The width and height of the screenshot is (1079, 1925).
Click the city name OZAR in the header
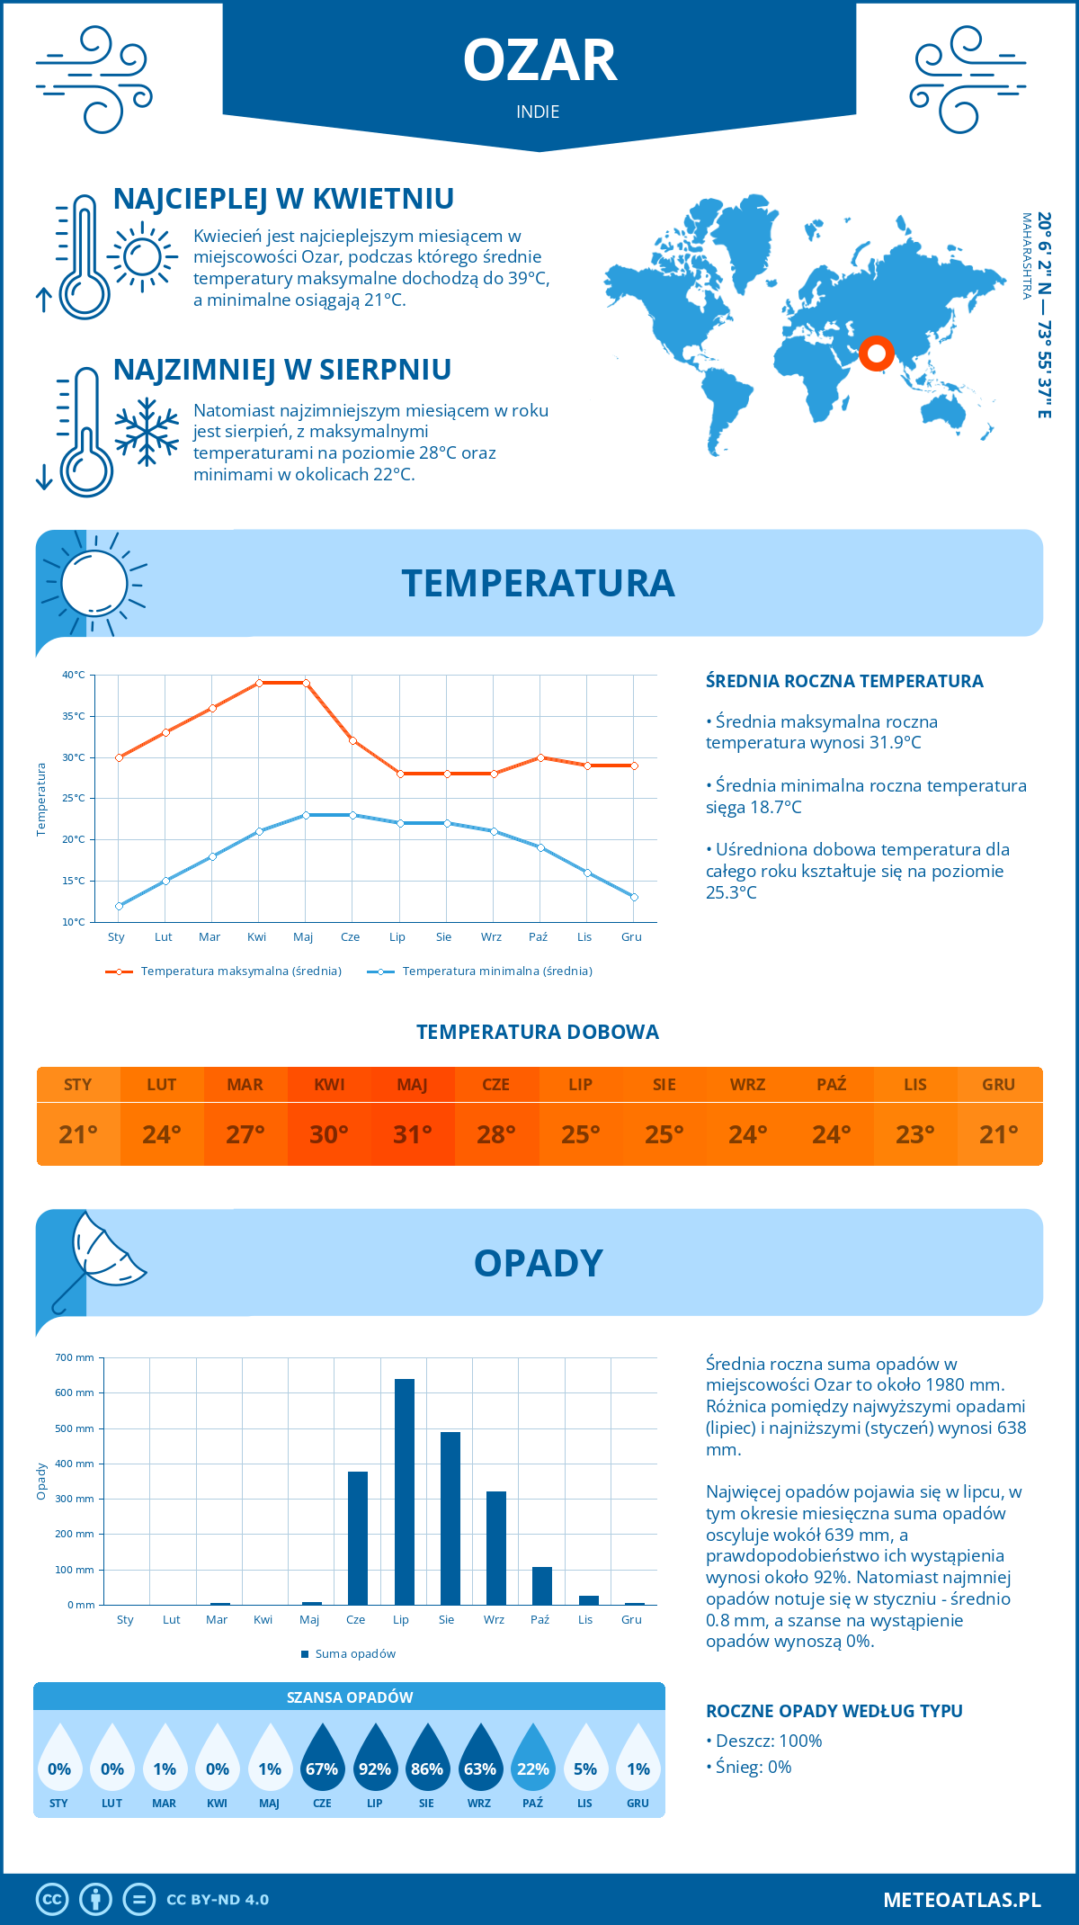click(539, 61)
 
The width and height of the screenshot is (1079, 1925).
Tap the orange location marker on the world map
click(876, 354)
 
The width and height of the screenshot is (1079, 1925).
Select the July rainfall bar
click(405, 1491)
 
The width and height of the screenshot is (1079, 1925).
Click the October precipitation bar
click(541, 1586)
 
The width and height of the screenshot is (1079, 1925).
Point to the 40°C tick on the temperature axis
click(74, 675)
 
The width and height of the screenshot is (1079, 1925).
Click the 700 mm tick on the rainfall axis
click(75, 1357)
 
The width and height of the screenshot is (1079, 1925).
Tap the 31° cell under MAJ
click(413, 1134)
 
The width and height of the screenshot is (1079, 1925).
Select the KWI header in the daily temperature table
click(329, 1085)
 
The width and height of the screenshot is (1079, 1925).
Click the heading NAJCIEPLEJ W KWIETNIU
click(283, 199)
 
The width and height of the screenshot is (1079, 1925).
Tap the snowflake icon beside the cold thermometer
click(147, 432)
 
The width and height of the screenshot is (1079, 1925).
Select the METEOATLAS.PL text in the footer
click(961, 1900)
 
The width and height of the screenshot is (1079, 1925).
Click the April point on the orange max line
click(259, 683)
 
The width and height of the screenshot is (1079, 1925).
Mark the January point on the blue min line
click(119, 906)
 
